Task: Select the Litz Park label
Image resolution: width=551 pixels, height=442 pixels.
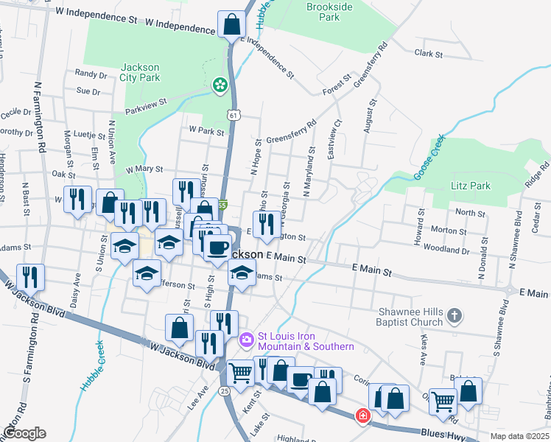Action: click(x=471, y=186)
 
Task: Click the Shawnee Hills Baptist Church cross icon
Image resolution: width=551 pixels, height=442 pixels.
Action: click(x=455, y=316)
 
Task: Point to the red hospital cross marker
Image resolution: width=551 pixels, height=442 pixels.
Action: click(x=362, y=416)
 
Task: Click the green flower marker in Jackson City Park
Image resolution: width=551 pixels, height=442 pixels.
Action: click(x=220, y=86)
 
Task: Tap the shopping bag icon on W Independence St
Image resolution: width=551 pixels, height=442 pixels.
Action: click(x=231, y=24)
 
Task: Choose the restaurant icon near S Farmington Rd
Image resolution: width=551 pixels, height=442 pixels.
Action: click(x=30, y=276)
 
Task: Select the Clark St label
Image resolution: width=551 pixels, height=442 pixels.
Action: click(x=428, y=53)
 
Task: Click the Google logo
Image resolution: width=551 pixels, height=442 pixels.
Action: click(x=24, y=433)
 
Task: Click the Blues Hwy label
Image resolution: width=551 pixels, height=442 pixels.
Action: click(x=444, y=434)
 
